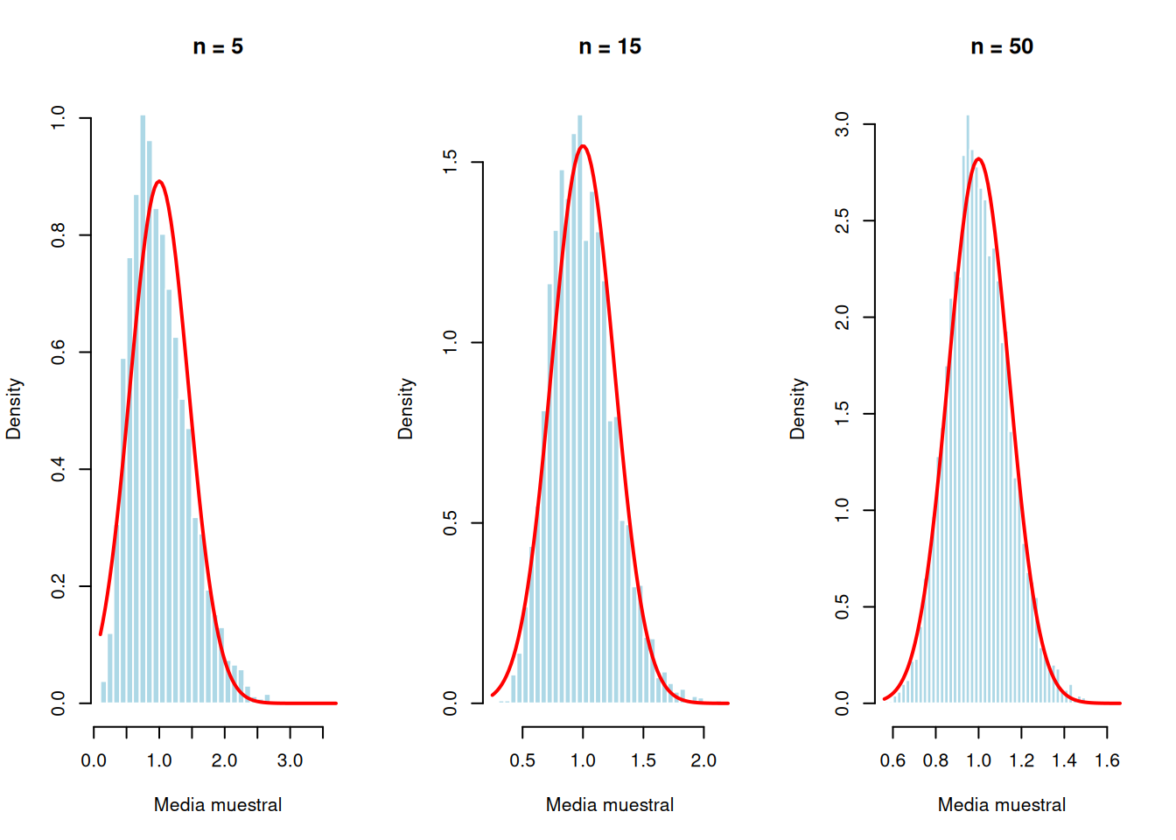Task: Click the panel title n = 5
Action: tap(218, 47)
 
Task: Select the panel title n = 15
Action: tap(610, 47)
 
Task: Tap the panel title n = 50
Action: tap(1002, 47)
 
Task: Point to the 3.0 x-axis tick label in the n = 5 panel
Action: tap(290, 760)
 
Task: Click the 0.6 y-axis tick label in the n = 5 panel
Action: tap(59, 353)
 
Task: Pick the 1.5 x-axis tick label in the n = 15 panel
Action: tap(643, 760)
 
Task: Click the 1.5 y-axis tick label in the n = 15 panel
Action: tap(451, 162)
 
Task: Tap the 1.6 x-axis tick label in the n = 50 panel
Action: tap(1107, 760)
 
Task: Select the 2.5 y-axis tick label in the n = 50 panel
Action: tap(843, 220)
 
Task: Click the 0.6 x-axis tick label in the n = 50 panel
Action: tap(892, 760)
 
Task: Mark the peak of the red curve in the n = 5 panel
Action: tap(158, 182)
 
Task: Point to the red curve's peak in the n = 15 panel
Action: tap(583, 146)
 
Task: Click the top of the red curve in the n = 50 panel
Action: tap(978, 159)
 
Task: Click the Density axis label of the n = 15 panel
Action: tap(405, 409)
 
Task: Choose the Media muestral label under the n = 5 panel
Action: tap(218, 805)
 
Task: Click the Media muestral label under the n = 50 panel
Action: tap(1002, 805)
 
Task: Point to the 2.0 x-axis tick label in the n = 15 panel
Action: tap(703, 760)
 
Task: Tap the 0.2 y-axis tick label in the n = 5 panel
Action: tap(59, 586)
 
